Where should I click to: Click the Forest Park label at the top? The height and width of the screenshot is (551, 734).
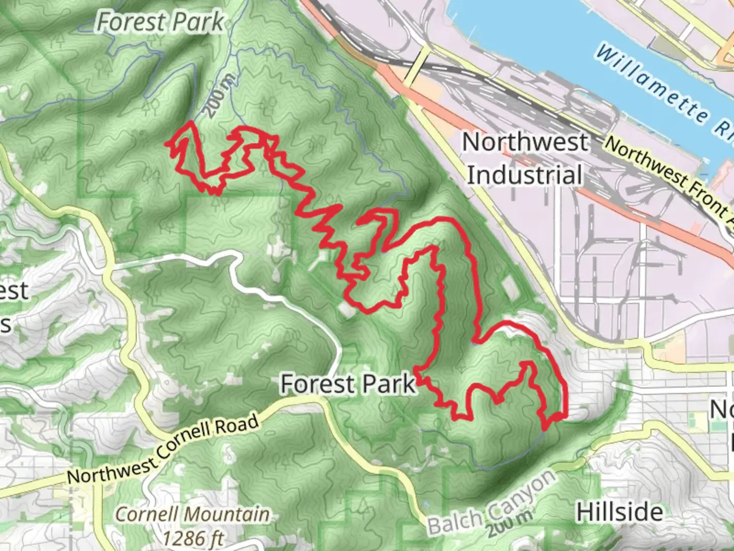161,22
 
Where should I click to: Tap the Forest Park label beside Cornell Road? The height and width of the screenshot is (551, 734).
348,384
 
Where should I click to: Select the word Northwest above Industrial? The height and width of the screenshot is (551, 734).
525,142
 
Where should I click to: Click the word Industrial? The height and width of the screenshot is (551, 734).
525,175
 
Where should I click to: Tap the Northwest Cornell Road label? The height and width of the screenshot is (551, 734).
163,449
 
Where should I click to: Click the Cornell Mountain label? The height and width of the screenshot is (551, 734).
193,514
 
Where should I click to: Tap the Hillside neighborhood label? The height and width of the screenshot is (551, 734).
620,512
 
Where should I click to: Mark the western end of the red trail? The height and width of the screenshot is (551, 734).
166,144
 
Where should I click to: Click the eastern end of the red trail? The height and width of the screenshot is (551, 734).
565,416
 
